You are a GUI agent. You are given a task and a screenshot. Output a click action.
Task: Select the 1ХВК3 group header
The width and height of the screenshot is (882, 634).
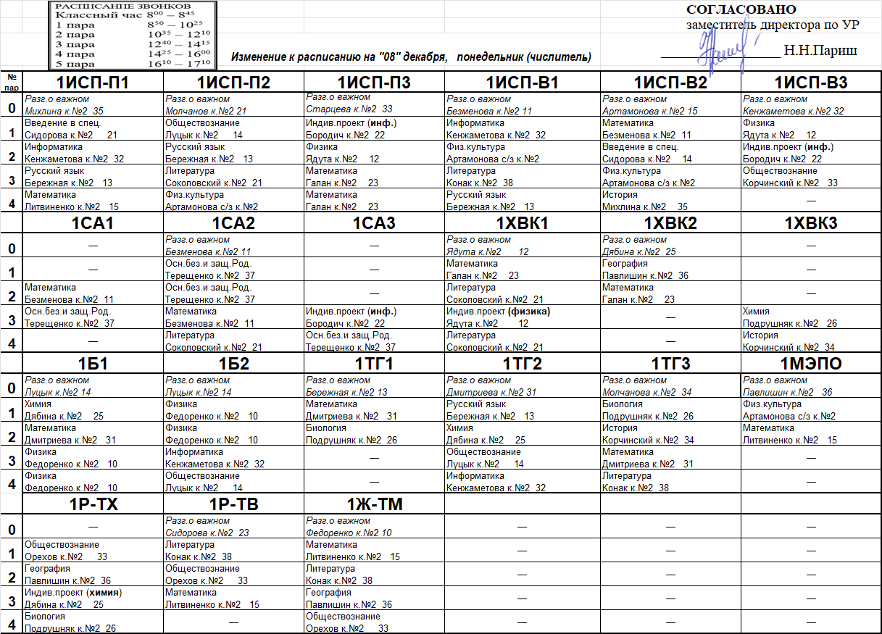[810, 224]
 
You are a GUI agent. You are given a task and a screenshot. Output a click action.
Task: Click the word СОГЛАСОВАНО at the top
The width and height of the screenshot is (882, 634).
[741, 9]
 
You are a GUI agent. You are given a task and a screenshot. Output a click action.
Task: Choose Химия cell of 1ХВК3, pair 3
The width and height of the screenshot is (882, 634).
[810, 317]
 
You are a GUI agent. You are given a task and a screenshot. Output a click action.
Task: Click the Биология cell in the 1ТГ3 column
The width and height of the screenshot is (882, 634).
[670, 410]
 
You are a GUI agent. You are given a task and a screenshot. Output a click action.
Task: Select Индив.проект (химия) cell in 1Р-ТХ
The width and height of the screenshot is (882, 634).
[94, 598]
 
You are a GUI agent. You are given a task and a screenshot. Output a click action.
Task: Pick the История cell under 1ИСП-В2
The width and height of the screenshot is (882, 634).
[670, 201]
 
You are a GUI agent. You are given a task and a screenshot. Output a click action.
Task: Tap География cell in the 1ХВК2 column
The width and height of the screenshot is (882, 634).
[670, 270]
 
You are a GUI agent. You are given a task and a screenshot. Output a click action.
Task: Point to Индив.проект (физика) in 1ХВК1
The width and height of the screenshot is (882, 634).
[523, 317]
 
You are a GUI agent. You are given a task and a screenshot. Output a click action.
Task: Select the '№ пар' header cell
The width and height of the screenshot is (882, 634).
[11, 80]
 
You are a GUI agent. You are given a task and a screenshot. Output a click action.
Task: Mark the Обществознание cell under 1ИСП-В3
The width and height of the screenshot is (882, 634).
[810, 177]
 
